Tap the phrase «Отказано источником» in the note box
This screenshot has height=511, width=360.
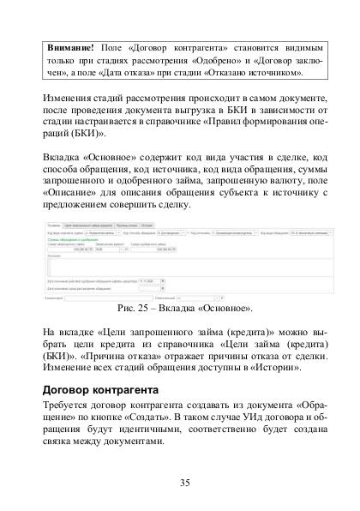[x=255, y=71]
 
